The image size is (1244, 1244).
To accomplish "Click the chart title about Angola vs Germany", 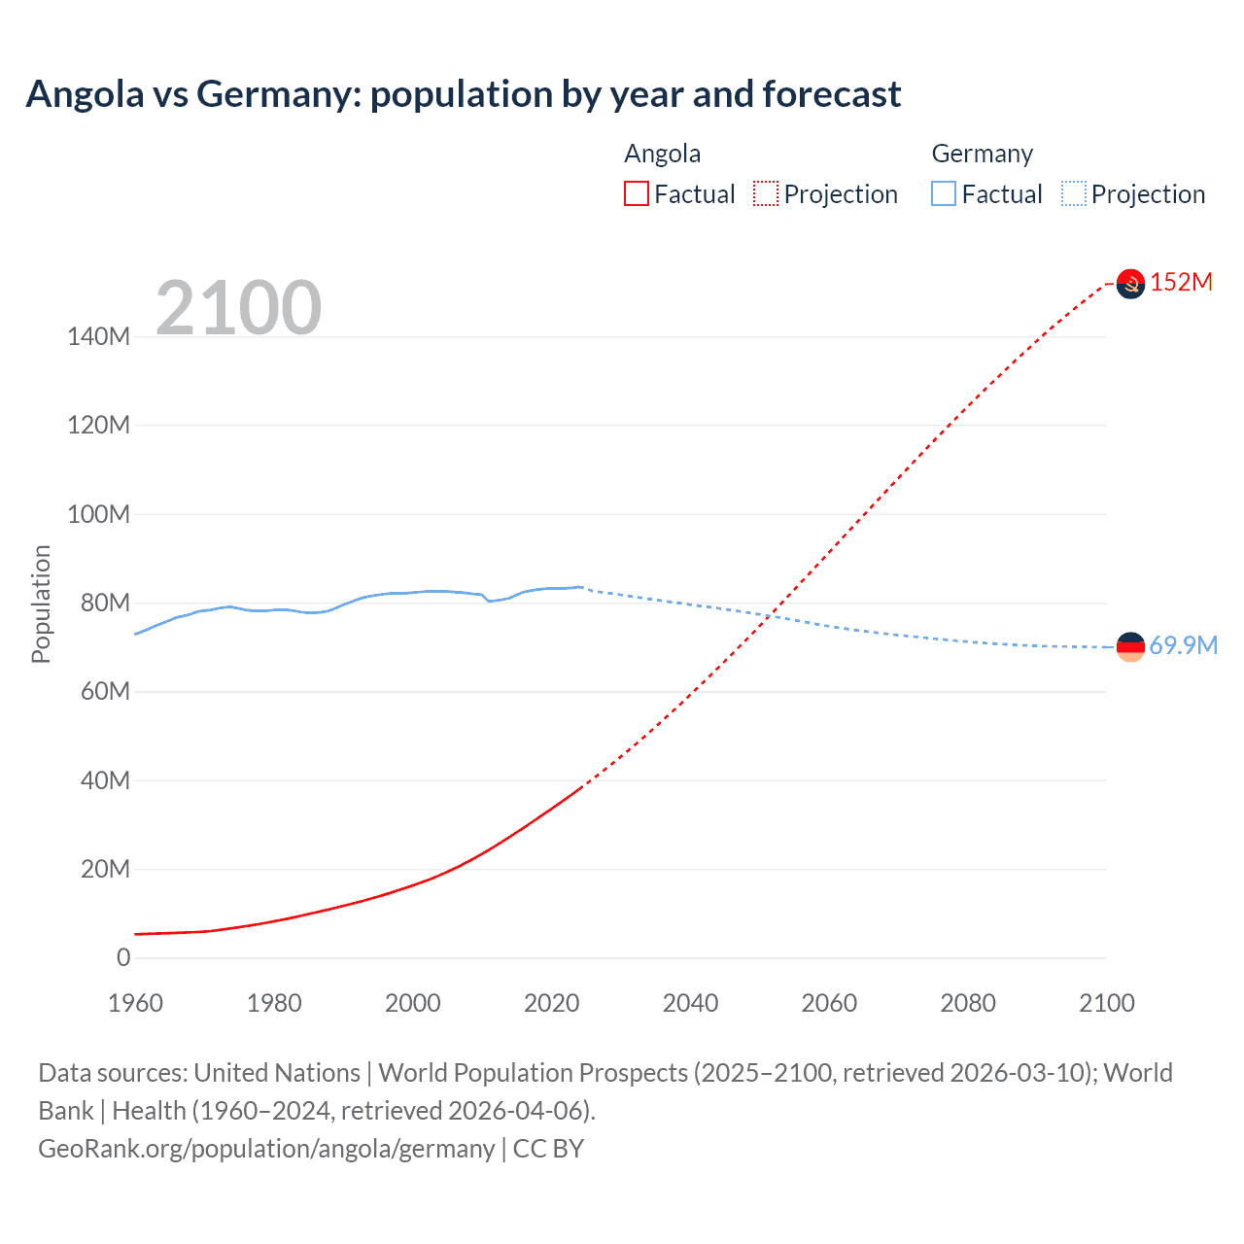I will tap(463, 94).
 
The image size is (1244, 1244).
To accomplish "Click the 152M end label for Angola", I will tap(1181, 282).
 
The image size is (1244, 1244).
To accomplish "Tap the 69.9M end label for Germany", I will tap(1183, 645).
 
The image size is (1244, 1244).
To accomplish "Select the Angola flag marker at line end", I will tap(1130, 283).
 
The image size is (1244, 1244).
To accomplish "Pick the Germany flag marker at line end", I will tap(1130, 646).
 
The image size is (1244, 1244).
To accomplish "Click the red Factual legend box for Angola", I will tap(636, 193).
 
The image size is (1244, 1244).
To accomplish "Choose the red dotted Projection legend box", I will tap(766, 193).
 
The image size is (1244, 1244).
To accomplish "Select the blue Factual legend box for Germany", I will tap(943, 193).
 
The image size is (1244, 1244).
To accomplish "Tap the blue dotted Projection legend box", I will tap(1073, 193).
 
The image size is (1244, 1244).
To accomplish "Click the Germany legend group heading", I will tap(982, 154).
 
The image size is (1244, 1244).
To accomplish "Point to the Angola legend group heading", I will tap(662, 154).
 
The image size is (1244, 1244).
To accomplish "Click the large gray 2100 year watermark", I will tap(238, 307).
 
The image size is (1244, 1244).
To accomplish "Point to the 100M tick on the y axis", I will tap(98, 514).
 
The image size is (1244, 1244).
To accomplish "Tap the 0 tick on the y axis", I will tap(123, 957).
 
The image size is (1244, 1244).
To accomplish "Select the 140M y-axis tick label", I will tap(98, 336).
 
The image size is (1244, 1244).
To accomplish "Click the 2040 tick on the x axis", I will tap(690, 1003).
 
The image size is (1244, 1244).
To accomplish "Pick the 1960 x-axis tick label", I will tap(135, 1003).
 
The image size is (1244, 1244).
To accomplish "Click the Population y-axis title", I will tap(41, 604).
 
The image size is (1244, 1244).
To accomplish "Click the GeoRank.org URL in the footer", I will tap(266, 1149).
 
